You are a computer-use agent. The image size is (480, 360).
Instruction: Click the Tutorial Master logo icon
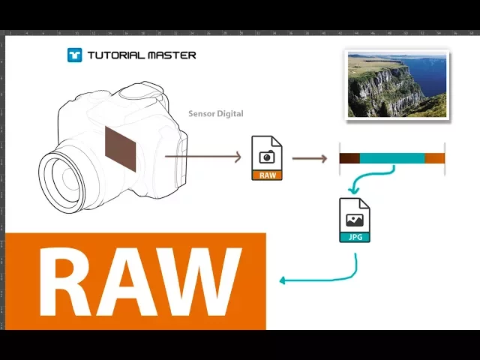74,55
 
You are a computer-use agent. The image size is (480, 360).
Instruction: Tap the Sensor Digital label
215,114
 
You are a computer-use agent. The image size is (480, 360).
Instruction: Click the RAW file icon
266,158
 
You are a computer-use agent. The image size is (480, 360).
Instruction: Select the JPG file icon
355,220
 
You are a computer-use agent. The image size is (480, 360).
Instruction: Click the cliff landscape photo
397,85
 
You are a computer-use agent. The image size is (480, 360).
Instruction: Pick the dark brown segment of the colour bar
349,158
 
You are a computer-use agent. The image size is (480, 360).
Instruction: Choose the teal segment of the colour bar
392,158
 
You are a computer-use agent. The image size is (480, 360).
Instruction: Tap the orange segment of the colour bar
435,158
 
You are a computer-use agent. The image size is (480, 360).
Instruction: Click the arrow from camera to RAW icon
202,157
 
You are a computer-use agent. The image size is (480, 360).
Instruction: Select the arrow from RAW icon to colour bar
309,158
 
